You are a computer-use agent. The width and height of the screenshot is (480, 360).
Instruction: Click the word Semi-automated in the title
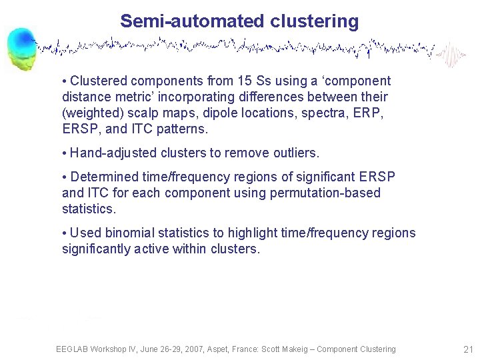pyautogui.click(x=193, y=21)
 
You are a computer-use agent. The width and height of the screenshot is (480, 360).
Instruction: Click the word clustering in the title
pyautogui.click(x=315, y=21)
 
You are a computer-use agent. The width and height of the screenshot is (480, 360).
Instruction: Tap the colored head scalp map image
pyautogui.click(x=23, y=48)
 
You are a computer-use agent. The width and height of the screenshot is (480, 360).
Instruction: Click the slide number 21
pyautogui.click(x=467, y=349)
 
